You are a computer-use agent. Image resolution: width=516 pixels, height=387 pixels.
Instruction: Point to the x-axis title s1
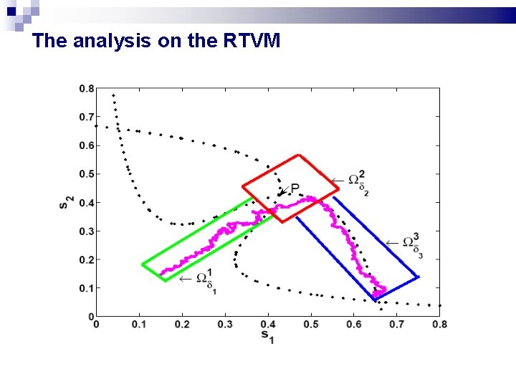coord(267,336)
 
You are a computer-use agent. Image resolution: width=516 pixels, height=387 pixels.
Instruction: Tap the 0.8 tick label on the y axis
coord(86,89)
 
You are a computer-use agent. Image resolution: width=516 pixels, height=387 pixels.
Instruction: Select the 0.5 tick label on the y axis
coord(86,174)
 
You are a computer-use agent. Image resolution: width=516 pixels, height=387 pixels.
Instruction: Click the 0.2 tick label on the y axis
coord(86,259)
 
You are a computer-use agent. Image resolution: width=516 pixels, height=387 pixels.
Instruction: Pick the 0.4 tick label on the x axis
coord(268,325)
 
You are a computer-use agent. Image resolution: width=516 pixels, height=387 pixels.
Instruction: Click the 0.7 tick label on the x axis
coord(397,325)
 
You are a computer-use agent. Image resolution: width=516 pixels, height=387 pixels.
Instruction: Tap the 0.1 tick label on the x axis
coord(139,325)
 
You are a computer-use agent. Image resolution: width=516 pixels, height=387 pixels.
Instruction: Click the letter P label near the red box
coord(295,188)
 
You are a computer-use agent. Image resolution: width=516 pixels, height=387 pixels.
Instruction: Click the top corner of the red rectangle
coord(299,155)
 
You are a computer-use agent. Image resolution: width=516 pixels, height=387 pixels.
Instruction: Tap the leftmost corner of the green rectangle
coord(142,264)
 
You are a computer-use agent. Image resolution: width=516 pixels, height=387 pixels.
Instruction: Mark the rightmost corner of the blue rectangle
coord(419,277)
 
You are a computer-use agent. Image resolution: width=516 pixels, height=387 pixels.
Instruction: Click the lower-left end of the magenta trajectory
coord(161,274)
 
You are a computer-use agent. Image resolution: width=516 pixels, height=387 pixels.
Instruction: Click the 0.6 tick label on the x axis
coord(354,325)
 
